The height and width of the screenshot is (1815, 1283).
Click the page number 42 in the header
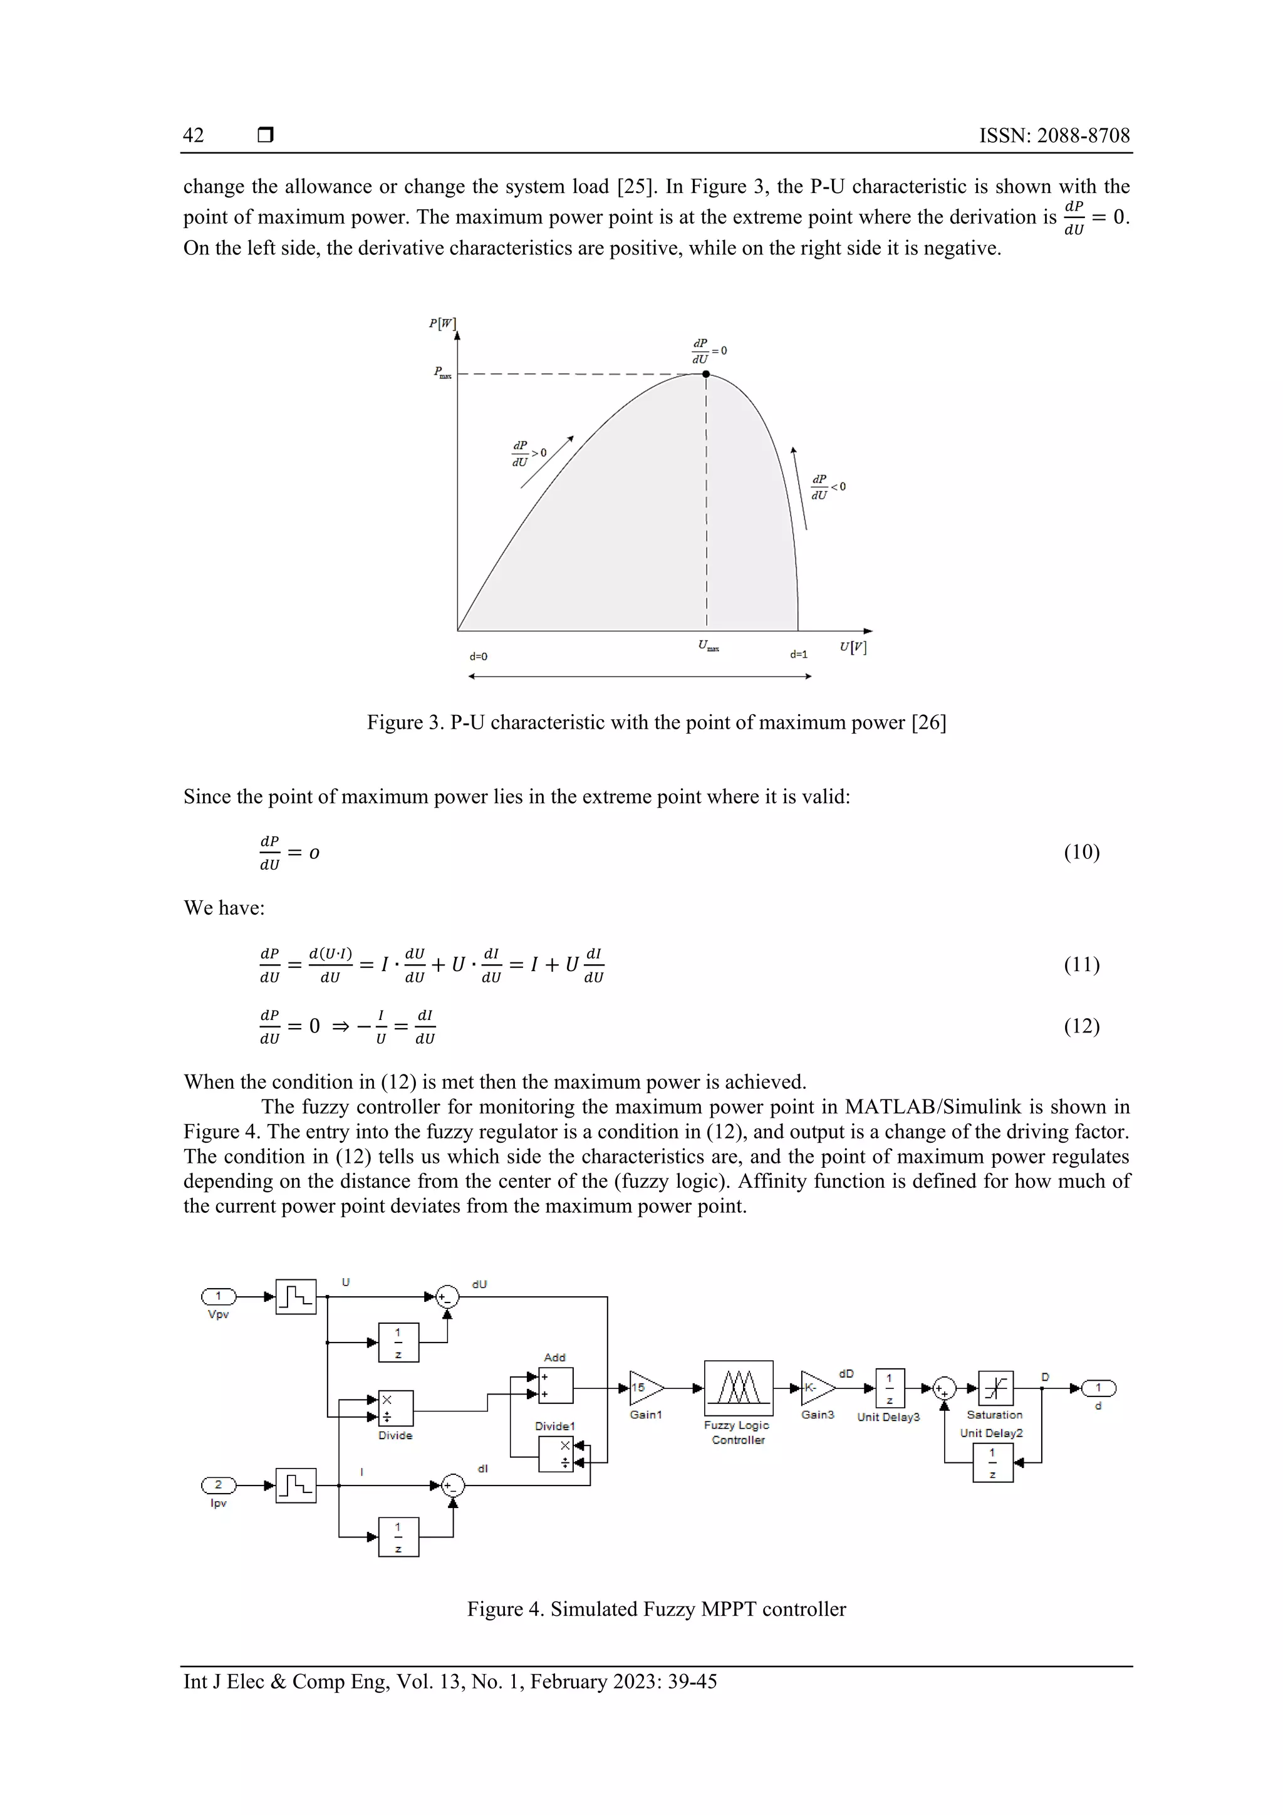pos(194,135)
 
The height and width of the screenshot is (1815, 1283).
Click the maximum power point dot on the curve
pos(706,374)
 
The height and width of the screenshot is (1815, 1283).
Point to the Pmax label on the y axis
pos(442,372)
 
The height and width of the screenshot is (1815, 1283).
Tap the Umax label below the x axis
pos(709,646)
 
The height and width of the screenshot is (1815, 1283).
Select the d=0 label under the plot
pos(478,656)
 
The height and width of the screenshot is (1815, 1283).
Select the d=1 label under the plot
pos(798,655)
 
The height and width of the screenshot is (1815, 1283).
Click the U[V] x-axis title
pos(853,647)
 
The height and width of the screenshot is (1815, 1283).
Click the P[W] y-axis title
pos(443,323)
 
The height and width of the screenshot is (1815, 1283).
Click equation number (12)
pos(1081,1026)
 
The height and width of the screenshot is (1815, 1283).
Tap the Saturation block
pos(995,1388)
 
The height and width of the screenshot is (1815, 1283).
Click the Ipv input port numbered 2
pos(218,1485)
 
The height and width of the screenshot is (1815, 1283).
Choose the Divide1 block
pos(556,1454)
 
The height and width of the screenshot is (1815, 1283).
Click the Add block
pos(556,1386)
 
